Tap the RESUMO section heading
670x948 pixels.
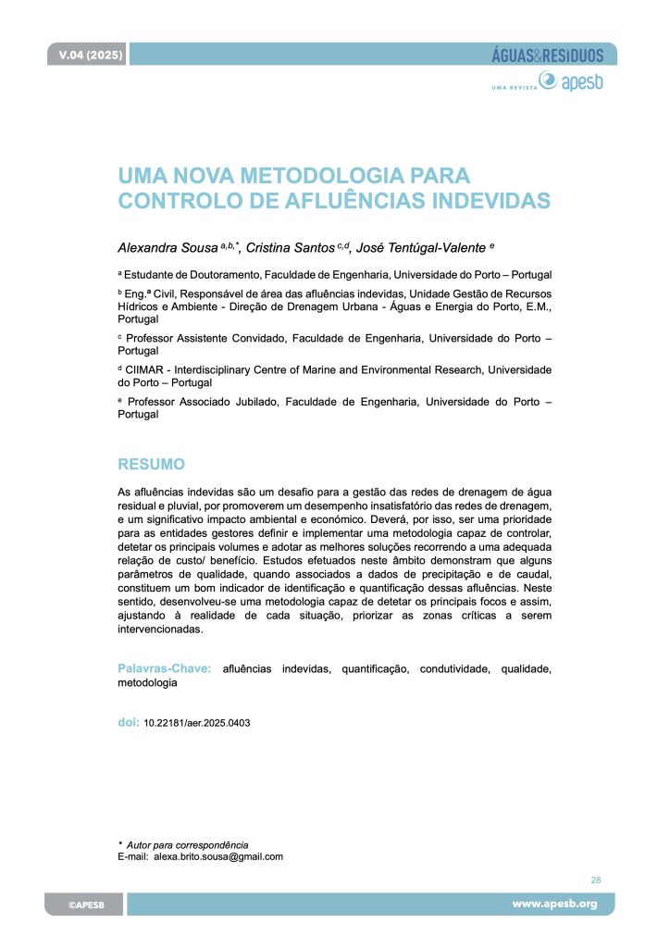151,463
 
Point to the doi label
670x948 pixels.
128,722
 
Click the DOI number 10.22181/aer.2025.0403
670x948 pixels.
197,723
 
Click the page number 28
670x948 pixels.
595,880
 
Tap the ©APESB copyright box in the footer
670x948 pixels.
84,904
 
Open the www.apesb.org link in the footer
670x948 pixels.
555,904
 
